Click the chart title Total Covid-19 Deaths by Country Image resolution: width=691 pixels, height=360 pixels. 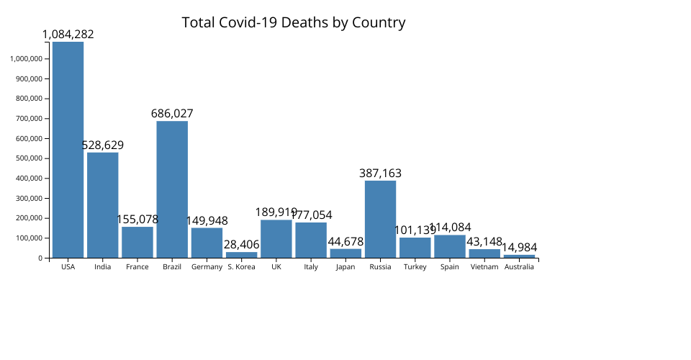[294, 22]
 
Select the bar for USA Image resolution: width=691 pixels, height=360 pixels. [68, 150]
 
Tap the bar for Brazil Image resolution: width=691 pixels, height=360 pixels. [172, 189]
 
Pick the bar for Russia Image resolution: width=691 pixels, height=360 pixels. [380, 219]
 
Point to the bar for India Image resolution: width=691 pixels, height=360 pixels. [103, 205]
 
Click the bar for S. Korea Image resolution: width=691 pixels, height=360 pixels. [242, 255]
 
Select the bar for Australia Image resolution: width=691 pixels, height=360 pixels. [519, 256]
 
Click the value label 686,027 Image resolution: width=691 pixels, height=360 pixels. [172, 114]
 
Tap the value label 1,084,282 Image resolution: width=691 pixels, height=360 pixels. [68, 35]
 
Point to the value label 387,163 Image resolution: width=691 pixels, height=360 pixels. [380, 174]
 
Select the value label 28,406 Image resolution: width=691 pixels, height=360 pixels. [242, 245]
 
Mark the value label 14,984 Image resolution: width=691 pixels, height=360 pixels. [519, 248]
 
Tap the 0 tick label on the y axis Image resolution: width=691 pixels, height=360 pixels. [43, 258]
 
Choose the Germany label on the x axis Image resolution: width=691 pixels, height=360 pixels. [207, 267]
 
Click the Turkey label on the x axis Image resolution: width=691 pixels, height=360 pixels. [415, 267]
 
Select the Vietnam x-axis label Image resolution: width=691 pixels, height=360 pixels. [484, 267]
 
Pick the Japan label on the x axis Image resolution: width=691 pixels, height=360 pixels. [345, 267]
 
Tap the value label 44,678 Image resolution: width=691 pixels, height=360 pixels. [345, 242]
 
